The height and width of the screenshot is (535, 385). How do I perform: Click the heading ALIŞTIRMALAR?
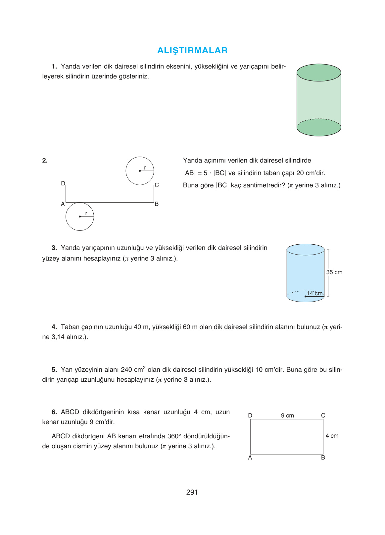192,50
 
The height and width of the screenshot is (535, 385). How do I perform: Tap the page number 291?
192,492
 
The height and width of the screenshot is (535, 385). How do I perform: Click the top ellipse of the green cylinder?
319,73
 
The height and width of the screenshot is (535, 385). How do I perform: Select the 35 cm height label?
334,272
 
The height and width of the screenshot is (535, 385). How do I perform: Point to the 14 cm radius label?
314,293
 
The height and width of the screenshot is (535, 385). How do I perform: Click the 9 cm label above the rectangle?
287,415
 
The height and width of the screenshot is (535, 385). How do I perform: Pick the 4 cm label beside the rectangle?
332,436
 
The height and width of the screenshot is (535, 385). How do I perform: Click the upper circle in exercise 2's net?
140,171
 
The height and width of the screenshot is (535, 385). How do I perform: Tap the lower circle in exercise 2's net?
80,217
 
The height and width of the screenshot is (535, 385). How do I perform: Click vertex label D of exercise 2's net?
63,183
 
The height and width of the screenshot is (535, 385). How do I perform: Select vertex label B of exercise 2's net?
157,204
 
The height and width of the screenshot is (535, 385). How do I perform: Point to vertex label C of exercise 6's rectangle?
323,415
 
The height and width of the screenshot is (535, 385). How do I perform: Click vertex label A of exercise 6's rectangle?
250,458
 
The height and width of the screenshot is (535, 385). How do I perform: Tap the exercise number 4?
54,327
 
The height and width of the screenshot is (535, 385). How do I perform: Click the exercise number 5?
54,370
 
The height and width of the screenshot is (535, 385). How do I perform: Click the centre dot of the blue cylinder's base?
305,296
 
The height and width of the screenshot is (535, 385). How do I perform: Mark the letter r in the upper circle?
145,168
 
